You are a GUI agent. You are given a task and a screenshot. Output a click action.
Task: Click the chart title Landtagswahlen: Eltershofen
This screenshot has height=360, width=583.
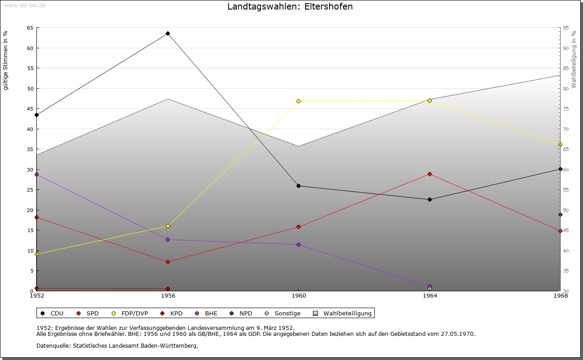290,7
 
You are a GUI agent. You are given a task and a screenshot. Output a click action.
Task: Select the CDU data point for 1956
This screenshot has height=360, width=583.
168,33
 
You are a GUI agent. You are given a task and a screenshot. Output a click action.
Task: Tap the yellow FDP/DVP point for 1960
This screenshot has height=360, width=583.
299,101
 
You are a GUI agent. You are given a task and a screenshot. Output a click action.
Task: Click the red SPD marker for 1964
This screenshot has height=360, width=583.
430,174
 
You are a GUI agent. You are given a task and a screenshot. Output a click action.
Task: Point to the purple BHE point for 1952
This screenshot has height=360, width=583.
37,174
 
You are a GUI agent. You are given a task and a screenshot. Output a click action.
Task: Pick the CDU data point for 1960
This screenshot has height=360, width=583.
299,186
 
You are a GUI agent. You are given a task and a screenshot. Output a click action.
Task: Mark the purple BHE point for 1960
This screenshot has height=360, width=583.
299,244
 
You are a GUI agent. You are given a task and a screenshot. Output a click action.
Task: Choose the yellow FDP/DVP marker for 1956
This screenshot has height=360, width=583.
168,226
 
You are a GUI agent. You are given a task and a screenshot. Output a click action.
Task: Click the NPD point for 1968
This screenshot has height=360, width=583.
560,215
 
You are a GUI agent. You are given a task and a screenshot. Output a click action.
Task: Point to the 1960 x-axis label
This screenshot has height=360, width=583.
299,296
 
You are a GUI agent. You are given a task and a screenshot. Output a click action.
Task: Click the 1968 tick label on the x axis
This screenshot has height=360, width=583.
560,296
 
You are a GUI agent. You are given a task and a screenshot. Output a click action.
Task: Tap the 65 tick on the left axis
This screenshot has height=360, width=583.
30,28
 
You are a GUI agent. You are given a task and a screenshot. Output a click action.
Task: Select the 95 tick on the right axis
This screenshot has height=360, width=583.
566,28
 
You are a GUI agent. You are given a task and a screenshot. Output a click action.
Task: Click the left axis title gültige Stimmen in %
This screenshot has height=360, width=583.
6,60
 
